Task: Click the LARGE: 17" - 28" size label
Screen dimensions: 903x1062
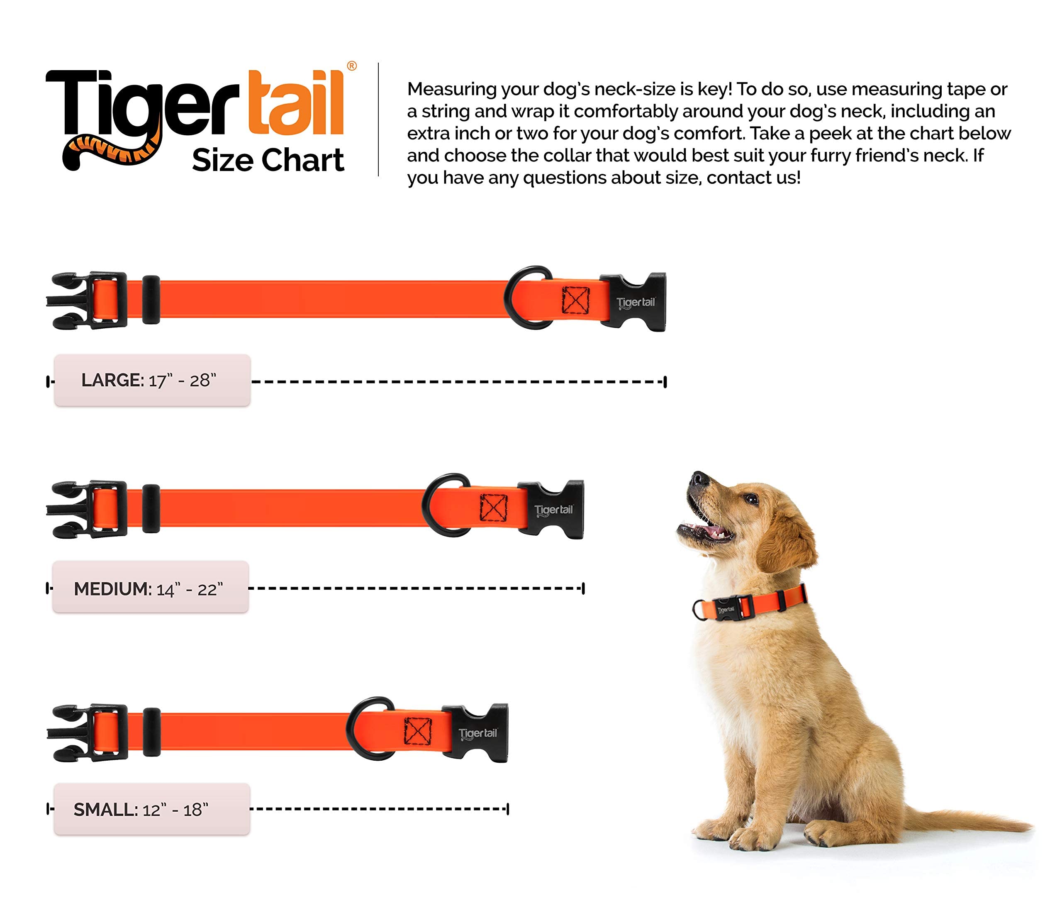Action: pos(151,381)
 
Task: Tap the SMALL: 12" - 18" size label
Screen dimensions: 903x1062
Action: pos(151,809)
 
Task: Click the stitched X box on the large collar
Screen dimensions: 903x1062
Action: pos(575,300)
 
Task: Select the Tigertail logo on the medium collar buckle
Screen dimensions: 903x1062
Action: pos(553,510)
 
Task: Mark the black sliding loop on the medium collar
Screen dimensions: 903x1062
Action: pos(151,508)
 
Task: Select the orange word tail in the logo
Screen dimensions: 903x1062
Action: pos(295,103)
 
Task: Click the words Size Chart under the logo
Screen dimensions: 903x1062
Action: pos(268,160)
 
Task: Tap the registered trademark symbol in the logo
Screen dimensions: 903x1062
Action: pos(352,66)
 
